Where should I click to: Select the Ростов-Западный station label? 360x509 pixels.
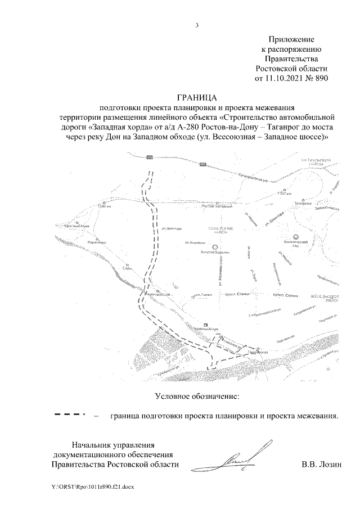217,206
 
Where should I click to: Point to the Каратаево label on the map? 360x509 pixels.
97,242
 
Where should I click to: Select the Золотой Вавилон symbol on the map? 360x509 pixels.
214,247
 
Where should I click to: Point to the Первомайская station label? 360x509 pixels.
206,331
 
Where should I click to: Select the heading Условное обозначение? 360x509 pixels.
197,397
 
